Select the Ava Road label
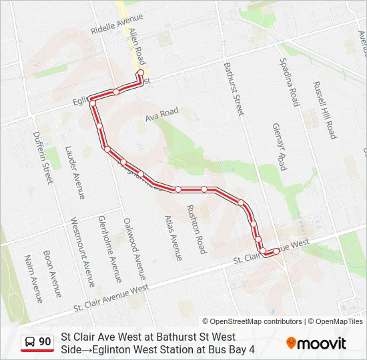pyautogui.click(x=161, y=115)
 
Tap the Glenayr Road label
pyautogui.click(x=279, y=146)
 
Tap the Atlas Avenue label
pyautogui.click(x=172, y=237)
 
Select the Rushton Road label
pyautogui.click(x=196, y=228)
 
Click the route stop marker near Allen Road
pyautogui.click(x=140, y=73)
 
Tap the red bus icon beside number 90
pyautogui.click(x=30, y=343)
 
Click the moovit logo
pyautogui.click(x=316, y=343)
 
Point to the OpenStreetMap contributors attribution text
pyautogui.click(x=252, y=321)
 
